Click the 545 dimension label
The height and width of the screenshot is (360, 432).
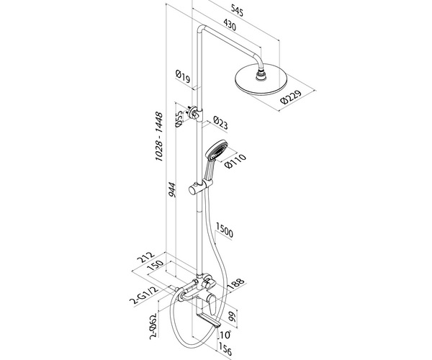click(x=237, y=12)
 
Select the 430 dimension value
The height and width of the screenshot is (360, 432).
click(x=230, y=24)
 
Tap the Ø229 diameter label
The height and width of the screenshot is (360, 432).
click(x=291, y=96)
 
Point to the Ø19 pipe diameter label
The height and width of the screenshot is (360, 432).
click(x=183, y=76)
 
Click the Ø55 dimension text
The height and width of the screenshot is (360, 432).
click(x=179, y=119)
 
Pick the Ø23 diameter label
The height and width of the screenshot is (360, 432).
click(x=221, y=123)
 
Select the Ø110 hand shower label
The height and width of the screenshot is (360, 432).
click(x=235, y=161)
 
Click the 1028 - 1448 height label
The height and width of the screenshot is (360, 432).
click(x=159, y=136)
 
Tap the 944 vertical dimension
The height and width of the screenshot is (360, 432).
click(x=172, y=190)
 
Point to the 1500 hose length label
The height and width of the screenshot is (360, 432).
click(x=225, y=230)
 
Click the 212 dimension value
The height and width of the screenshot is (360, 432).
click(x=145, y=258)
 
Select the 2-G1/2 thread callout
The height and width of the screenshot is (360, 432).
click(x=145, y=295)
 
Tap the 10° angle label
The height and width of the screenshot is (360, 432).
click(x=225, y=334)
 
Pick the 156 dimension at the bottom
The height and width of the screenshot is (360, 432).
click(x=225, y=348)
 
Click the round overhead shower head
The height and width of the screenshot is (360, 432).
click(x=261, y=78)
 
